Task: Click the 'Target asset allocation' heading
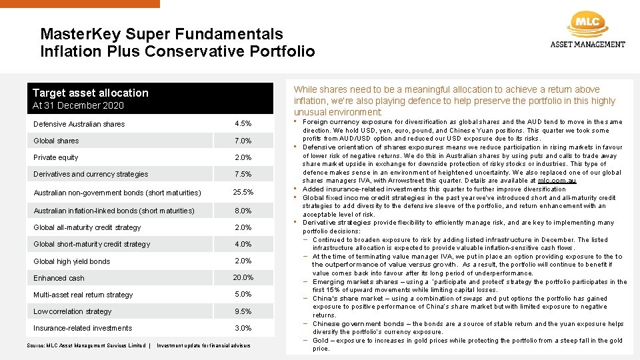(x=91, y=93)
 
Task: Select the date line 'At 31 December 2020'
(x=79, y=105)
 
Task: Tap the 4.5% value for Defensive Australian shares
(x=243, y=124)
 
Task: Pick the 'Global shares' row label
(x=56, y=141)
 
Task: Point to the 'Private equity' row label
(x=56, y=157)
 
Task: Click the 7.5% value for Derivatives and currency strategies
(x=243, y=174)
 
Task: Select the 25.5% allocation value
(x=243, y=193)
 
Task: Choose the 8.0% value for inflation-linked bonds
(x=243, y=211)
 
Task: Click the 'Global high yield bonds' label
(x=71, y=261)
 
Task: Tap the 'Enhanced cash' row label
(x=59, y=278)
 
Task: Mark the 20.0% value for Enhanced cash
(x=243, y=277)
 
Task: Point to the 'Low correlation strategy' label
(x=73, y=311)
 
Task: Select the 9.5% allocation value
(x=243, y=311)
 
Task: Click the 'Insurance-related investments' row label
(x=83, y=328)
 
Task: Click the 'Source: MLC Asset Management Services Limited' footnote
(x=86, y=345)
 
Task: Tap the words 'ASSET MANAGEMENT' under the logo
(x=587, y=45)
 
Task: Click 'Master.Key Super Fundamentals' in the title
(x=161, y=34)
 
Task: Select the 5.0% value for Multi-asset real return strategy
(x=243, y=294)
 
